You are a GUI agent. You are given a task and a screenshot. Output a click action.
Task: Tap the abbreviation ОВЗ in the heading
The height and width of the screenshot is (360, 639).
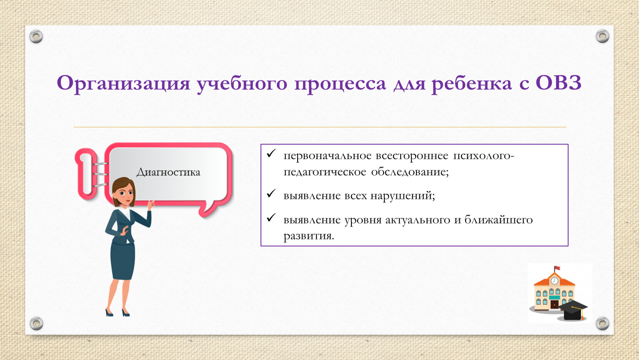pos(558,83)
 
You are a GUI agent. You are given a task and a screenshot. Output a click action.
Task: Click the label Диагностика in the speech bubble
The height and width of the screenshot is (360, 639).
pos(168,172)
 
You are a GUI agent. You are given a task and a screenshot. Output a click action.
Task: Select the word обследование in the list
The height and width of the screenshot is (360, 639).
pos(410,172)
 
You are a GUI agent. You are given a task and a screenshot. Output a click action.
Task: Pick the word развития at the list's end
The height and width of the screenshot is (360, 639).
pos(308,236)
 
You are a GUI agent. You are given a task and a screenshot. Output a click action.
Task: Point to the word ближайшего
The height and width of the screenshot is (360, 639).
pos(499,220)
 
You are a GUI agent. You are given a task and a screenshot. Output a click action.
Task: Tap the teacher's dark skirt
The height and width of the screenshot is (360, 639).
pos(123,260)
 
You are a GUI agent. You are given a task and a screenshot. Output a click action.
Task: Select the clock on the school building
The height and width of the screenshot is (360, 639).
pos(554,281)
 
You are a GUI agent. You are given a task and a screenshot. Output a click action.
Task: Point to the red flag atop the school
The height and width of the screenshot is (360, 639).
pos(557,268)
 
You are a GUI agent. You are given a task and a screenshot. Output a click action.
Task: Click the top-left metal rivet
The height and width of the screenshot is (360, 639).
pos(36,37)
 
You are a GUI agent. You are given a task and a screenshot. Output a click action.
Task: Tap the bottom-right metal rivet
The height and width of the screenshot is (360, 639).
pos(602,323)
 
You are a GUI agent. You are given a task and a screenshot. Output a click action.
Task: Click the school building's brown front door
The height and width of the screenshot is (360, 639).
pos(554,304)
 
